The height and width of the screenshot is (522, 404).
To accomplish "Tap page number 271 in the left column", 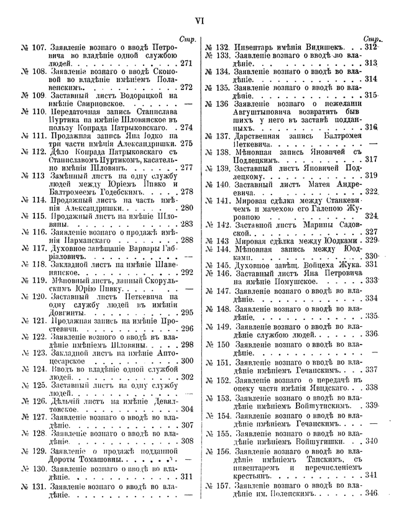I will (186, 63).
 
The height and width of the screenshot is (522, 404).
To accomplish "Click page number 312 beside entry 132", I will (372, 47).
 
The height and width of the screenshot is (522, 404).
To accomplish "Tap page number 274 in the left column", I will (186, 128).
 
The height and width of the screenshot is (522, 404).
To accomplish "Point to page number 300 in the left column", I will (186, 360).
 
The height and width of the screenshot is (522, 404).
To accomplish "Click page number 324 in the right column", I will (372, 216).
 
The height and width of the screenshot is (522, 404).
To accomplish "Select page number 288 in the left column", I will (186, 239).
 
